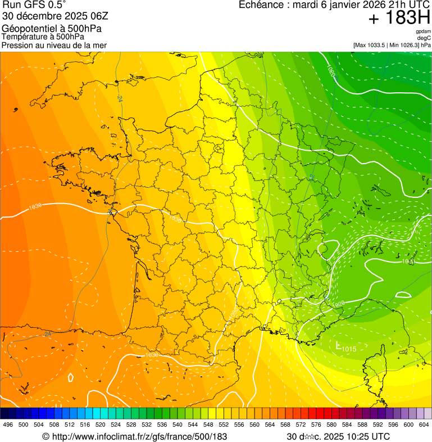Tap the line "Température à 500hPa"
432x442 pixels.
(43, 37)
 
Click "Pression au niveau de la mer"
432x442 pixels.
(54, 45)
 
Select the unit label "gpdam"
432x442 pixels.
(423, 31)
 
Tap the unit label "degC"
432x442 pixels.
(424, 38)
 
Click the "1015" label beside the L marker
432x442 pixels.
(348, 349)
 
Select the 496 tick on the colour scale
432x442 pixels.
(8, 425)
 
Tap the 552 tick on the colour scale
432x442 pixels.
(223, 425)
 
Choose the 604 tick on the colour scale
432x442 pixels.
(424, 425)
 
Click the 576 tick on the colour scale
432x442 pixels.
(316, 425)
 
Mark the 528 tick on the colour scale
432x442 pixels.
(131, 425)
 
